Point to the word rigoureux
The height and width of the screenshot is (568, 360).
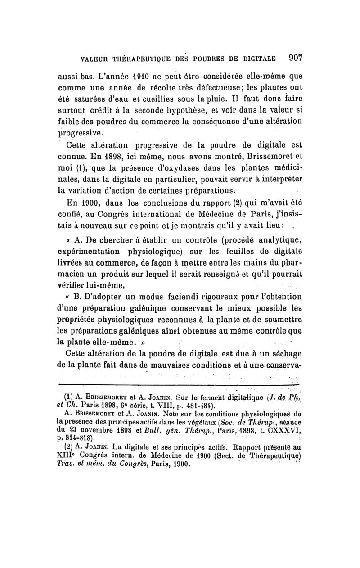coord(208,297)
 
